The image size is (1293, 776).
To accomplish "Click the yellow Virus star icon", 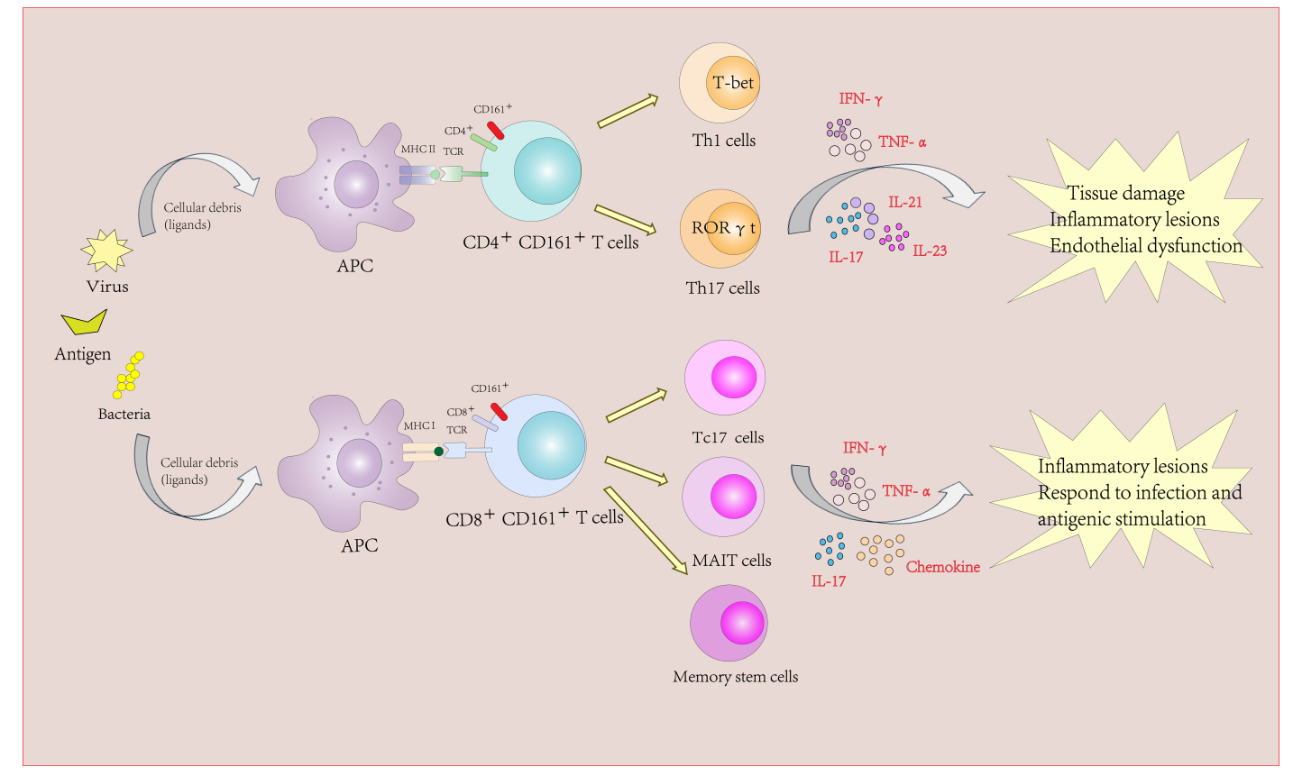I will pos(107,251).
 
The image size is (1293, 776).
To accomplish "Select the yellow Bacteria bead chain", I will pos(128,375).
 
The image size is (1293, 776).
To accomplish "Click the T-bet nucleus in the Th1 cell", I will pos(733,83).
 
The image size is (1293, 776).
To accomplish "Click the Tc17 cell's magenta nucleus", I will pos(734,377).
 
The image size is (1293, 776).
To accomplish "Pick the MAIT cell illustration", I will pos(723,498).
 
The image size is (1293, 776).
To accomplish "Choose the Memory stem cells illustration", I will pos(729,623).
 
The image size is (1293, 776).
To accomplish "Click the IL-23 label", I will pos(930,251).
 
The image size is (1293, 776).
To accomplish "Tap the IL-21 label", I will pos(905,203).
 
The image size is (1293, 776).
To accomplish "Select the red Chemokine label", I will pos(943,568).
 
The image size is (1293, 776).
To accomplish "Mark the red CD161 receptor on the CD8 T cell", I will pos(499,412).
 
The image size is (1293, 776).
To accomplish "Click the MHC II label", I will pos(418,150).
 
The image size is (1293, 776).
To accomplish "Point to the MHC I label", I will pos(419,426).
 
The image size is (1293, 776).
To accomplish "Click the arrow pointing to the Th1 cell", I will pos(628,112).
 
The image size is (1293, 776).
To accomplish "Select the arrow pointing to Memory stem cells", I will pos(645,531).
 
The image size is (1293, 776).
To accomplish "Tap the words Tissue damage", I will pos(1126,193).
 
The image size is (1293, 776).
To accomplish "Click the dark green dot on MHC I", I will pos(439,452).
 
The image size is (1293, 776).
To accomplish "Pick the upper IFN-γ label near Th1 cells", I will pos(860,99).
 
